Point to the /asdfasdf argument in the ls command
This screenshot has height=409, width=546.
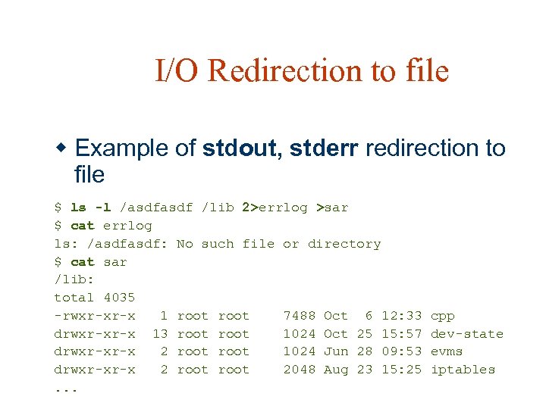click(155, 208)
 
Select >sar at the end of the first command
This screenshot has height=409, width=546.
click(332, 208)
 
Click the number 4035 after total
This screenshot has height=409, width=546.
click(119, 298)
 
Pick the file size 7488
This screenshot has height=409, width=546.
click(300, 316)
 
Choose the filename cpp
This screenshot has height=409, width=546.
click(443, 316)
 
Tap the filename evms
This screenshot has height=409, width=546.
click(447, 351)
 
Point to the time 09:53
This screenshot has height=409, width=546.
click(402, 351)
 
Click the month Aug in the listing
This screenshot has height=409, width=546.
click(336, 370)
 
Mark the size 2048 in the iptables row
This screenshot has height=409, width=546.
click(300, 370)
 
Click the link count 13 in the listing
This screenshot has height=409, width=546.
click(160, 334)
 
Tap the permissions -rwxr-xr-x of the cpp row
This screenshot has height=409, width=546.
click(95, 316)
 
